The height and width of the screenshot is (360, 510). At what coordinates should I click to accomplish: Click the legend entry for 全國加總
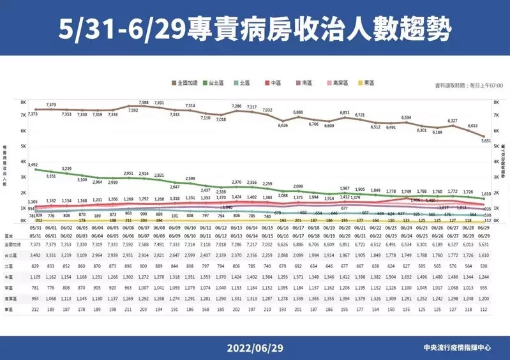(190, 83)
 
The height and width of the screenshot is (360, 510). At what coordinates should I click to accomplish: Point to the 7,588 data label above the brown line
(143, 102)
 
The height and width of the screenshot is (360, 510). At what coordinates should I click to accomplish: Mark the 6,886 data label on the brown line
(297, 112)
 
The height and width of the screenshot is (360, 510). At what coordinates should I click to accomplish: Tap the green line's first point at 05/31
(35, 170)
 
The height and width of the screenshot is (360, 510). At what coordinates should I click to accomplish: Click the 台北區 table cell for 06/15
(267, 255)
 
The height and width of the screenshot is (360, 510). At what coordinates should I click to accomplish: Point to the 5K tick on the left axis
(22, 146)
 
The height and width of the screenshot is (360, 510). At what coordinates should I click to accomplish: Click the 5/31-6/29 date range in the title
(118, 28)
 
